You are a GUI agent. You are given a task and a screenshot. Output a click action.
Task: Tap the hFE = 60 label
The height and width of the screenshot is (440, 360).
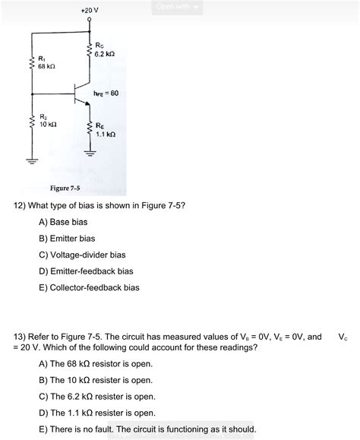(x=106, y=93)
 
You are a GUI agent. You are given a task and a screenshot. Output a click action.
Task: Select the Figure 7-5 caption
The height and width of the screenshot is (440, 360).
(x=66, y=188)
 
